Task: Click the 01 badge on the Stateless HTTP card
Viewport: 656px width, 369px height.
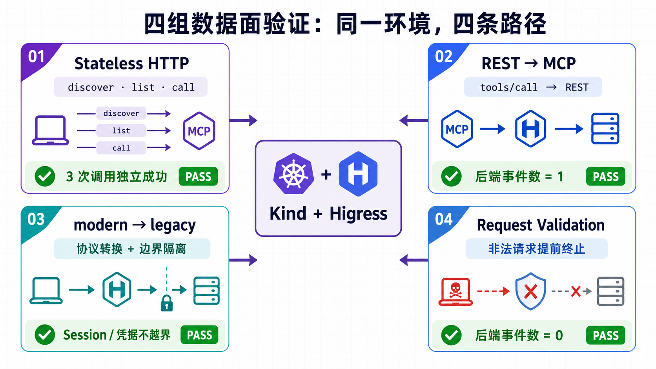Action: [x=36, y=56]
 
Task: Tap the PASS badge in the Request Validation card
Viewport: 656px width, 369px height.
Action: [x=606, y=335]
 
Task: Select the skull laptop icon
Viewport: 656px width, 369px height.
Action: [x=456, y=292]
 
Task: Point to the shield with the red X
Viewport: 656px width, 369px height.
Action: [x=530, y=291]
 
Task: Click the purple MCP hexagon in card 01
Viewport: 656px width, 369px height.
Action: [x=199, y=131]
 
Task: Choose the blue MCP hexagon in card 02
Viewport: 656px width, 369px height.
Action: [x=457, y=129]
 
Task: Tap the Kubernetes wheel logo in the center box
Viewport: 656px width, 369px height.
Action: [x=293, y=174]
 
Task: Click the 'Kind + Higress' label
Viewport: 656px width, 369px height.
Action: [x=328, y=214]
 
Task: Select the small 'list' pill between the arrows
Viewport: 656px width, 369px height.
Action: [x=121, y=131]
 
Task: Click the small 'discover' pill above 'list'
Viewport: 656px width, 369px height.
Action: [x=121, y=113]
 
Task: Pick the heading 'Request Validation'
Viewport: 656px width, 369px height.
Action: [x=541, y=225]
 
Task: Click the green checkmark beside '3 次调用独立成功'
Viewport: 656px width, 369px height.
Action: [x=45, y=176]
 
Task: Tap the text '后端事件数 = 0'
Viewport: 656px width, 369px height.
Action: [x=519, y=335]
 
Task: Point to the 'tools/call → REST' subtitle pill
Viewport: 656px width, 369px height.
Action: [x=533, y=87]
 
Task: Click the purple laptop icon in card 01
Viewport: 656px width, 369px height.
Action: [x=50, y=130]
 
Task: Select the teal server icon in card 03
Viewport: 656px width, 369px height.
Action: [x=206, y=291]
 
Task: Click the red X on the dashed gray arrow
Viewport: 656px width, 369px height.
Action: [x=576, y=291]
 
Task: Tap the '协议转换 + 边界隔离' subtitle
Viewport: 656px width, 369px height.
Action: [x=131, y=249]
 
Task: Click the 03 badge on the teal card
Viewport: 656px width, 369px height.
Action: [x=36, y=219]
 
